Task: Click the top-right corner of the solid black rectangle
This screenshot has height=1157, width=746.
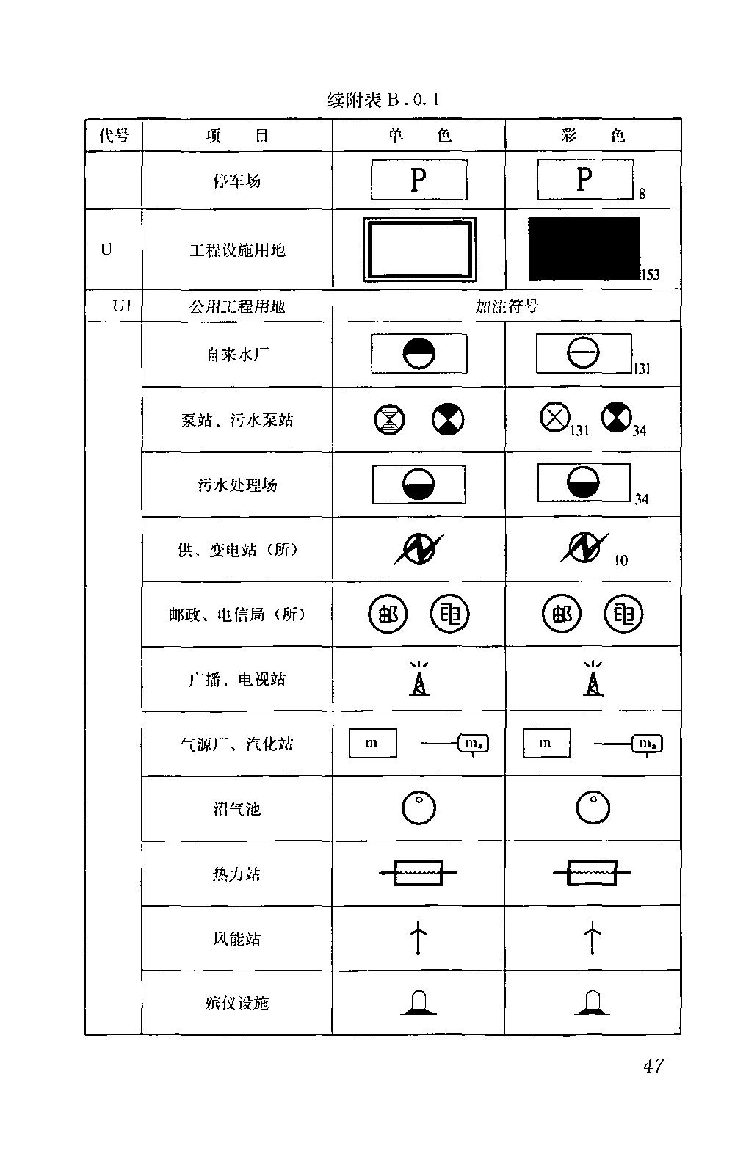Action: (x=640, y=217)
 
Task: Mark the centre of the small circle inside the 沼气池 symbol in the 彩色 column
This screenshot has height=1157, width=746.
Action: (x=594, y=799)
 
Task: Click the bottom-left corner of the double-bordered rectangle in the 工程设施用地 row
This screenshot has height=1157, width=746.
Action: (x=363, y=281)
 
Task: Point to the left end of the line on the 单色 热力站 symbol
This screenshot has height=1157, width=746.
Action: (x=379, y=873)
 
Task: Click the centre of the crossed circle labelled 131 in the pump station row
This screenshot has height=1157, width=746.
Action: (x=554, y=417)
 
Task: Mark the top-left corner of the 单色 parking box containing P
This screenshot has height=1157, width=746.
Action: (x=372, y=160)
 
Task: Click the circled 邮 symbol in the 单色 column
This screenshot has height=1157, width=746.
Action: (x=388, y=614)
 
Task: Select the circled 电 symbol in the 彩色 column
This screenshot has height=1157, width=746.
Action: (x=623, y=614)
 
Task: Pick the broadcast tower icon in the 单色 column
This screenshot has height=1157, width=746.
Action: (x=419, y=678)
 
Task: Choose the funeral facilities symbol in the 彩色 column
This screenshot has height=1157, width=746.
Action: (x=593, y=1002)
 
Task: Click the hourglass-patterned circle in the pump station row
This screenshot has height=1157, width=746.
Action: (x=390, y=419)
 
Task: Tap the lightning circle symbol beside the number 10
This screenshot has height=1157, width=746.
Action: (x=584, y=548)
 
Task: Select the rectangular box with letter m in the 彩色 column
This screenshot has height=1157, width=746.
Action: (x=546, y=743)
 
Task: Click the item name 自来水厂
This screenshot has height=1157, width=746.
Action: (x=237, y=355)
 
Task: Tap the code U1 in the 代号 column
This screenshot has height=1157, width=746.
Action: (x=122, y=306)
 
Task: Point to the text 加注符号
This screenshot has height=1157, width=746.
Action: (x=507, y=306)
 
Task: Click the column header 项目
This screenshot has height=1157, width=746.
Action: (x=237, y=135)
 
